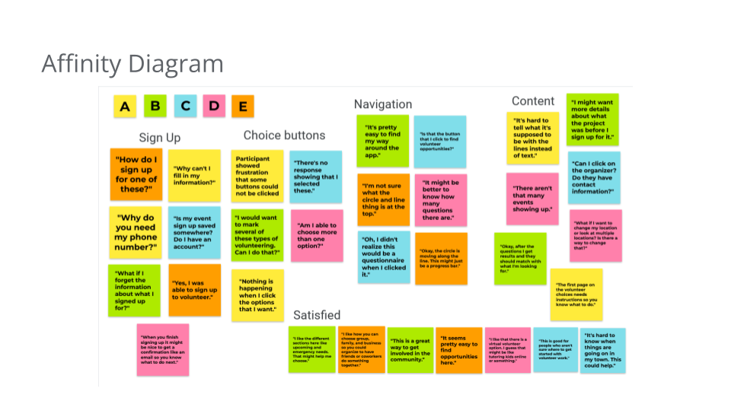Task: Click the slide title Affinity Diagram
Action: point(132,64)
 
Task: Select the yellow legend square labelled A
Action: point(125,107)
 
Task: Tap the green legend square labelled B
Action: point(155,107)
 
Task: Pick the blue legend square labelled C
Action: point(185,107)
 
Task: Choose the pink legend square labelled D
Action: point(214,107)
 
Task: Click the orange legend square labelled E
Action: point(243,107)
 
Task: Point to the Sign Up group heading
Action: point(160,138)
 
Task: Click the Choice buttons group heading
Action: point(284,135)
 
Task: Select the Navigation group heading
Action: point(383,104)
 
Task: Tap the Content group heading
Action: point(533,101)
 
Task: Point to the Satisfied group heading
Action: point(317,315)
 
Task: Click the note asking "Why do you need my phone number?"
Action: point(136,232)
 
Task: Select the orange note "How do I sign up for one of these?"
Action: point(136,174)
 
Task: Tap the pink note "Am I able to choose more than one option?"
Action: point(316,235)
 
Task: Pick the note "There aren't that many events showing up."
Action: point(532,199)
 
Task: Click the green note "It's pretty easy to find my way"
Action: point(383,141)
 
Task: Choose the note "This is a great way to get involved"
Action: point(410,350)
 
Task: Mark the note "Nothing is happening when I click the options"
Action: point(257,295)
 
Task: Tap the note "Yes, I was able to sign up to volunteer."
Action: point(195,290)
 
